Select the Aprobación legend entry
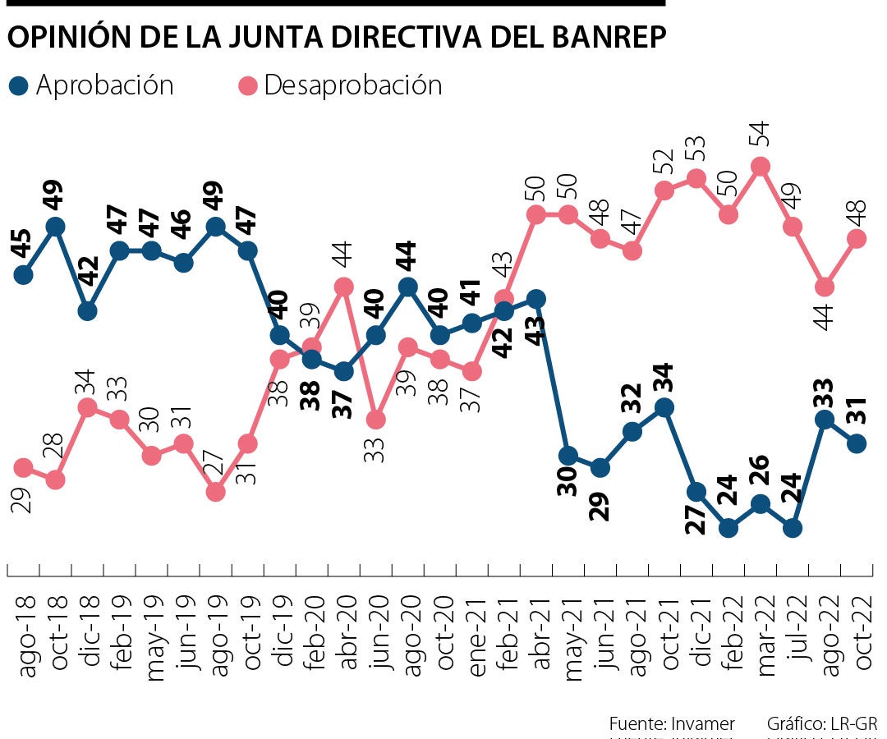coord(92,85)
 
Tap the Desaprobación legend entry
coord(342,85)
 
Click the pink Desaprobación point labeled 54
coord(761,166)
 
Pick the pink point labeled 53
coord(696,178)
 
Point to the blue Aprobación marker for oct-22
coord(857,443)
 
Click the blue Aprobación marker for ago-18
coord(24,274)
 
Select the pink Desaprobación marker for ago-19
coord(216,491)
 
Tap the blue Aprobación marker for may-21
coord(568,456)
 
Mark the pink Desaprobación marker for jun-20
coord(376,419)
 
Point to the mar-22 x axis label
coord(762,631)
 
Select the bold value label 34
coord(664,378)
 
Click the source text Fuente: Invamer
coord(671,723)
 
